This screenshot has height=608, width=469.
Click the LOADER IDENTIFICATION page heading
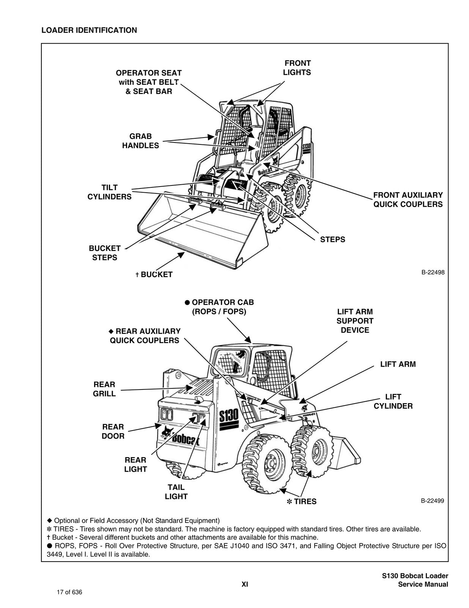point(89,30)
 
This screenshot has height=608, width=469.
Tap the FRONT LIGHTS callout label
point(297,68)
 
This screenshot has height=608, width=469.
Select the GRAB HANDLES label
point(140,141)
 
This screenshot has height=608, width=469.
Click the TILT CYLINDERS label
point(109,192)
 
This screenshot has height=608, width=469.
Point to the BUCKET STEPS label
point(104,253)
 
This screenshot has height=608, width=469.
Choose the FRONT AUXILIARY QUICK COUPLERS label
point(408,199)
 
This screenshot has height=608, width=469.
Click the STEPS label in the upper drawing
point(332,239)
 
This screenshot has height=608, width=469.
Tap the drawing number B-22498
point(433,272)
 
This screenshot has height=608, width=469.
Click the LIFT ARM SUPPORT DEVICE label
point(355,321)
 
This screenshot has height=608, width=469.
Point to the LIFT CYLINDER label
point(393,401)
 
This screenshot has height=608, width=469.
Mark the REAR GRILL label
point(104,389)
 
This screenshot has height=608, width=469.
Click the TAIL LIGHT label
point(176,492)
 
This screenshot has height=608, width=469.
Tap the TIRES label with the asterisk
point(301,502)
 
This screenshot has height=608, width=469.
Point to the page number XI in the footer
point(245,584)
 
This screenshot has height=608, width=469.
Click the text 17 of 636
point(69,592)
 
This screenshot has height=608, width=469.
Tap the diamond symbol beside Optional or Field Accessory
point(49,520)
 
